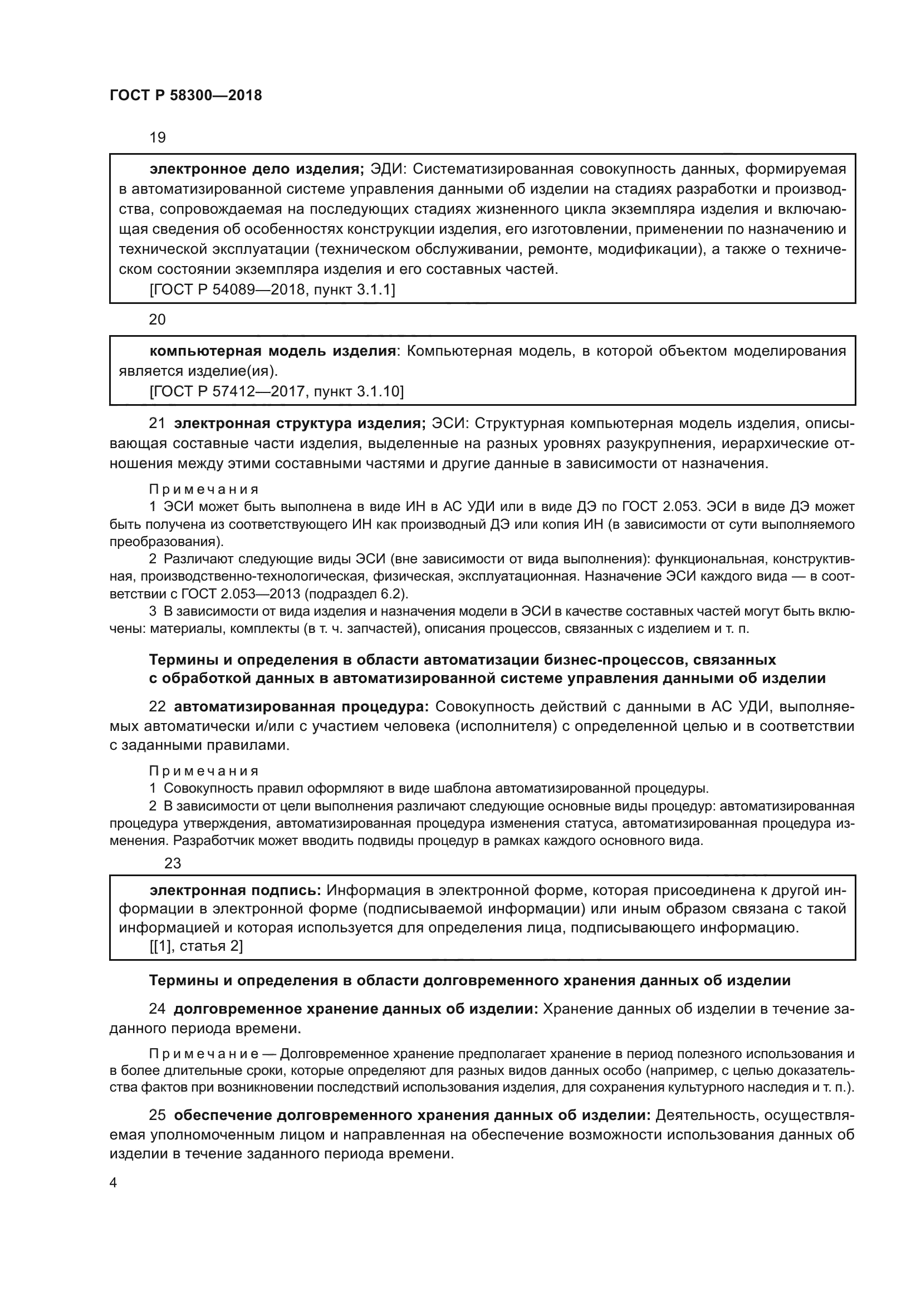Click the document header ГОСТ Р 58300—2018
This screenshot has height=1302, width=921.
click(x=185, y=95)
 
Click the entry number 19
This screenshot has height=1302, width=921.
click(x=157, y=138)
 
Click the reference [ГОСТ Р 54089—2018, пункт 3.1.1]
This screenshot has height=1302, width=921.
click(x=272, y=290)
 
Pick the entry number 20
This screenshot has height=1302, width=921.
click(x=157, y=320)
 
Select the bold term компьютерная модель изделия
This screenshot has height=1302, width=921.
click(x=272, y=351)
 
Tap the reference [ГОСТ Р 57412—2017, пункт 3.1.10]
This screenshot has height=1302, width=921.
click(x=277, y=391)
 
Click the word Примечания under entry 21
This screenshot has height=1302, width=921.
click(x=204, y=489)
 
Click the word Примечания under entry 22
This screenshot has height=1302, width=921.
click(x=204, y=770)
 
